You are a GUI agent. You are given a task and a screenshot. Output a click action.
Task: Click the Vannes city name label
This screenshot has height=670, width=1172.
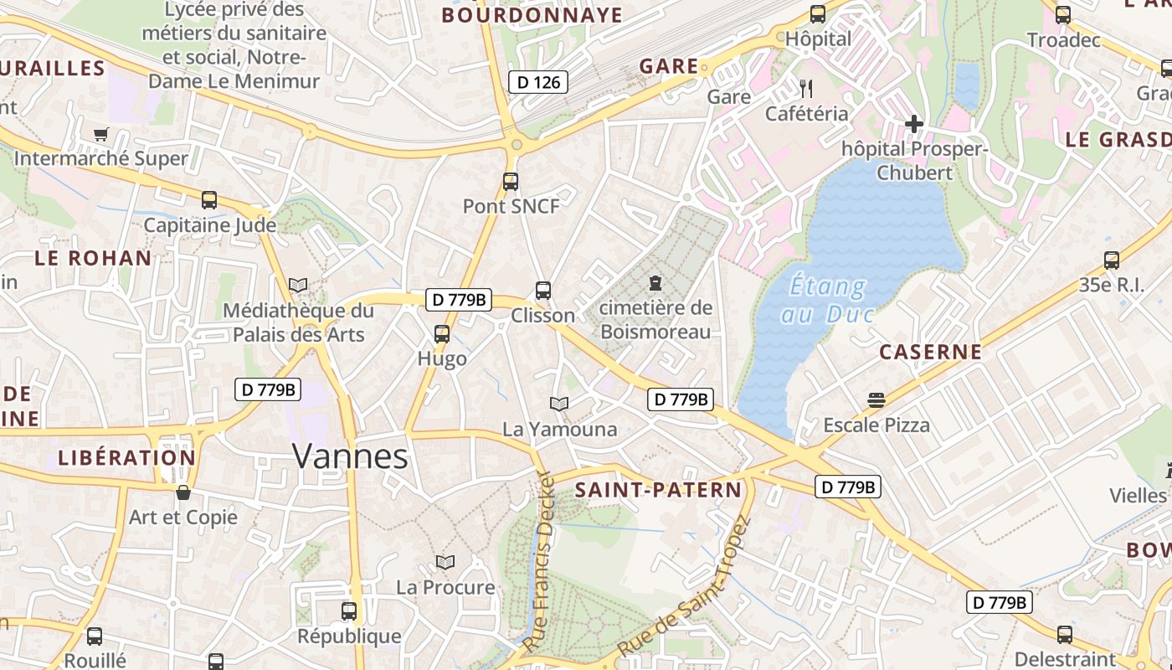(350, 457)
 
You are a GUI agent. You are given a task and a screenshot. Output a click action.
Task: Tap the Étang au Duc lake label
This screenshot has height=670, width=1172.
(827, 299)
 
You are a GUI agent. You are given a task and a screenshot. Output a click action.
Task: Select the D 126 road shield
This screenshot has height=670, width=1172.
(538, 82)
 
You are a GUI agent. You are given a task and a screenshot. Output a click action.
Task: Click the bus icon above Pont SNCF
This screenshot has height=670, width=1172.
(510, 181)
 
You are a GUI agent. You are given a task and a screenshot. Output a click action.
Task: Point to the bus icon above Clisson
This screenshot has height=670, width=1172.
(543, 291)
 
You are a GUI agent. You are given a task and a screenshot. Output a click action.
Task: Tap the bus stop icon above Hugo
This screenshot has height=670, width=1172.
(441, 334)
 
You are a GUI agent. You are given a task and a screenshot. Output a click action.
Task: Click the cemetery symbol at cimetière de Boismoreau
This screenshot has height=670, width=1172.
(655, 283)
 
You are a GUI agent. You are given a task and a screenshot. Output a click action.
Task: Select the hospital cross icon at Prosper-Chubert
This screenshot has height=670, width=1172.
(913, 125)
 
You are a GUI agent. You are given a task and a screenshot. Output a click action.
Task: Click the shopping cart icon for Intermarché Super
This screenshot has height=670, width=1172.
(101, 134)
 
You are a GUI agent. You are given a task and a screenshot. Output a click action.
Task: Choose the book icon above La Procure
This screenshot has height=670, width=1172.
(445, 562)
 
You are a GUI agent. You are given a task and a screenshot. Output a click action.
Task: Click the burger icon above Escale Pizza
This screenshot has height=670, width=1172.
(876, 399)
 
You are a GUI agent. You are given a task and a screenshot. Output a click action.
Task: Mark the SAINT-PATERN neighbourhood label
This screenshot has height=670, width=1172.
(658, 490)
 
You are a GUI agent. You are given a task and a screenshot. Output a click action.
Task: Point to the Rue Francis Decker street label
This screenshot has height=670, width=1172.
(541, 561)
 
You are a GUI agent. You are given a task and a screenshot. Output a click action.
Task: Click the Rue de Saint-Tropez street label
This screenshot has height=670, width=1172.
(686, 586)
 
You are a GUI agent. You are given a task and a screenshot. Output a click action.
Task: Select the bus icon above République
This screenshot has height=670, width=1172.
(349, 611)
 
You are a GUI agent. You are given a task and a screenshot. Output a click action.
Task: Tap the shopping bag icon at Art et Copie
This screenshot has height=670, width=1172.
(182, 492)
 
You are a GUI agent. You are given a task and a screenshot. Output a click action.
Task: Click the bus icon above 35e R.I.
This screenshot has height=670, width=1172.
(1111, 260)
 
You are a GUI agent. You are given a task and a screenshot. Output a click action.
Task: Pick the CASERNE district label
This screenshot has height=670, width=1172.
(930, 352)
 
